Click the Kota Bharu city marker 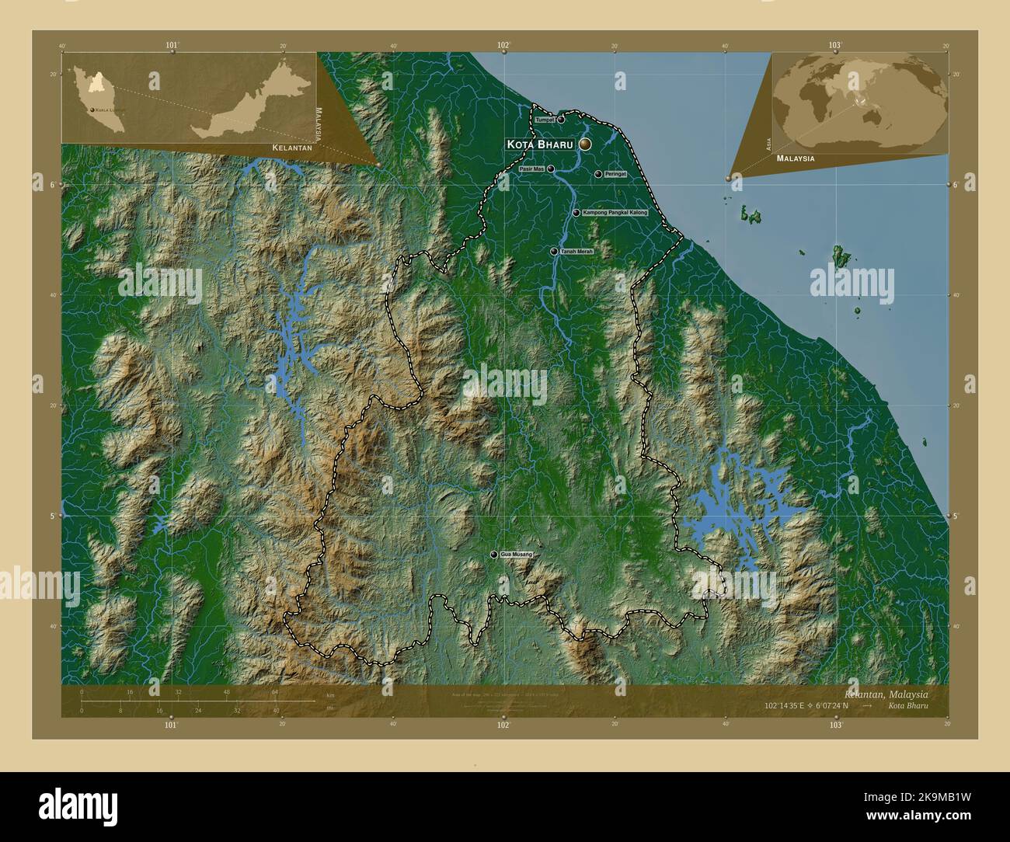tap(584, 144)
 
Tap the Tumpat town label tap(545, 120)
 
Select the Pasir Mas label tap(532, 169)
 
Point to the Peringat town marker tap(597, 174)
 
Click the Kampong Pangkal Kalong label tap(615, 212)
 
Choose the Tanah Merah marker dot tap(553, 252)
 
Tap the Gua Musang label tap(517, 554)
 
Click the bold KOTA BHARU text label tap(540, 144)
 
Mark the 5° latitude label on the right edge tap(956, 516)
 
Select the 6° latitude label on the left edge tap(52, 185)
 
